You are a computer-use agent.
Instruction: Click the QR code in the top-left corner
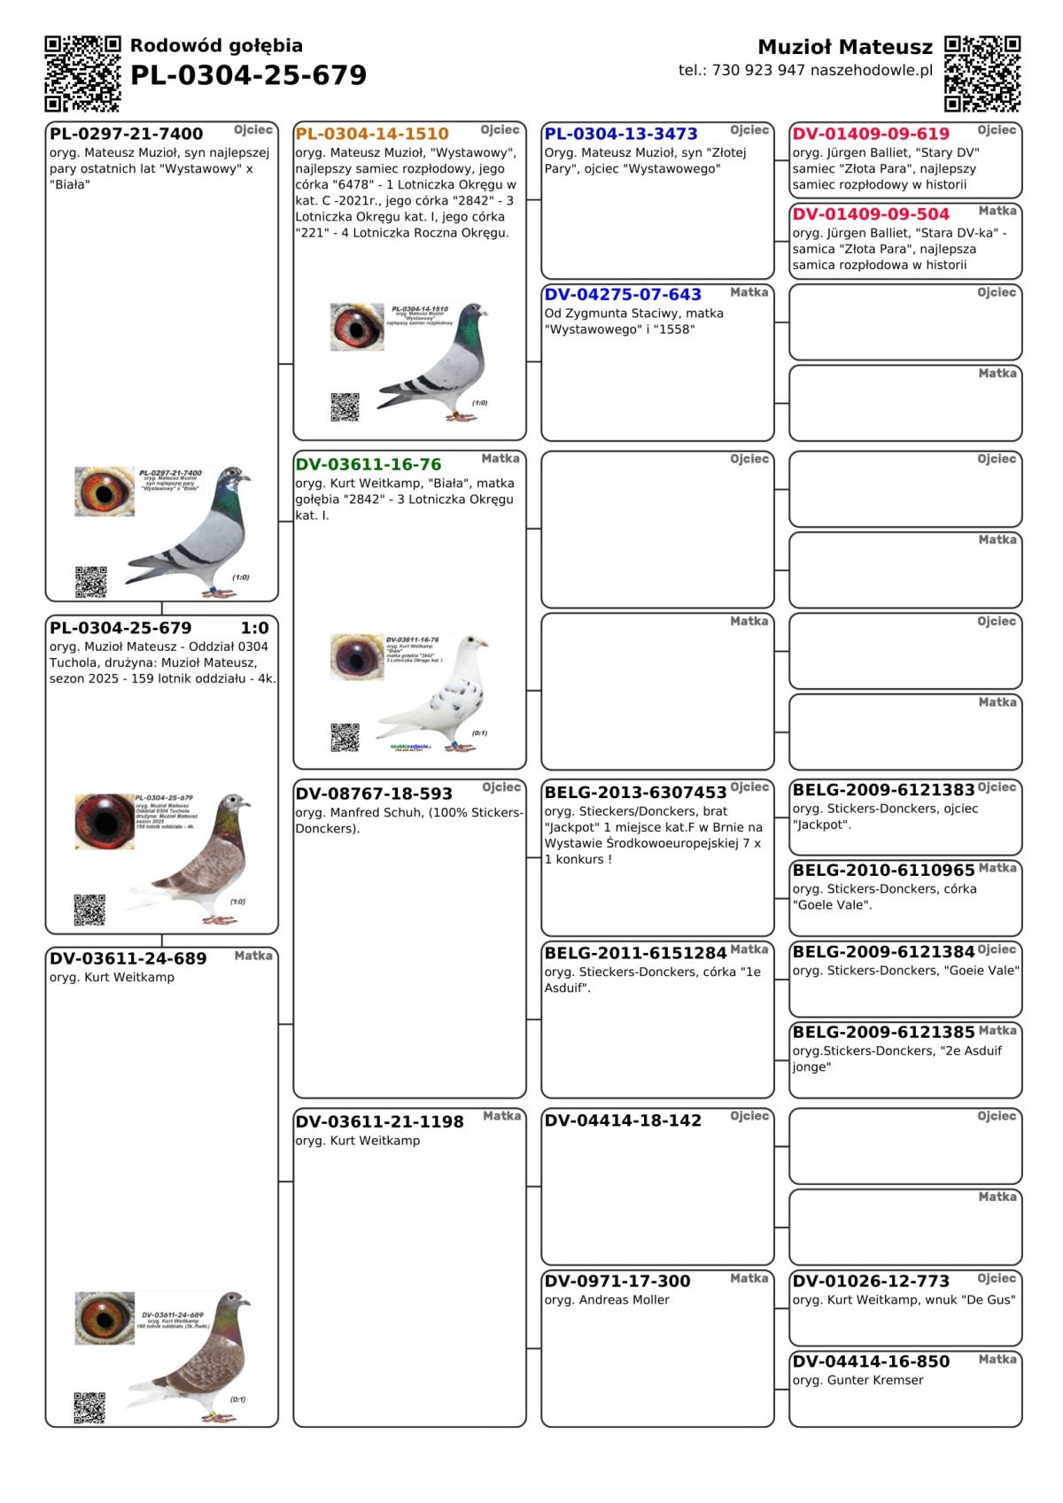[x=82, y=74]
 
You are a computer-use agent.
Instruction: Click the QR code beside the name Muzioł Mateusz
[x=982, y=74]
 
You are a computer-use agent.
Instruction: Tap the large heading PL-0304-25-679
[x=248, y=76]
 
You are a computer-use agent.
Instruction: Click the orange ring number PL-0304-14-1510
[x=372, y=135]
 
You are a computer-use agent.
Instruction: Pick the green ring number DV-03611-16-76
[x=369, y=465]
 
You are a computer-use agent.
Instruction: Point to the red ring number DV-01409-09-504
[x=871, y=214]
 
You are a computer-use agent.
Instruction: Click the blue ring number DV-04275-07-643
[x=623, y=295]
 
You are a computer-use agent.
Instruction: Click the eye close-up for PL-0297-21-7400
[x=105, y=492]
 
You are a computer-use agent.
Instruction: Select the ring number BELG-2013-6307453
[x=635, y=793]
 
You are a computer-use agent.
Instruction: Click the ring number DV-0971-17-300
[x=617, y=1282]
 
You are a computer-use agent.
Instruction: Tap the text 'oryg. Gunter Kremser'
[x=857, y=1381]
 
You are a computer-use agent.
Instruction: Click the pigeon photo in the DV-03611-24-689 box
[x=195, y=1355]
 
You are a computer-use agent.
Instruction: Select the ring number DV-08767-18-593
[x=374, y=794]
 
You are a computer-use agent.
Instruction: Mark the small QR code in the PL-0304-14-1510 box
[x=345, y=407]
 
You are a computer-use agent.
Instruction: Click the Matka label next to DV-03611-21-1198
[x=501, y=1116]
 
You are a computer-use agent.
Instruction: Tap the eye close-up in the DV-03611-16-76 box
[x=357, y=657]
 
